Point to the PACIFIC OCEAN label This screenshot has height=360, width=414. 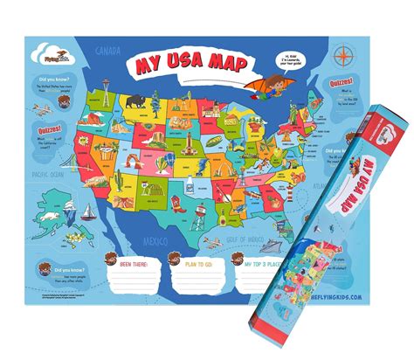click(x=50, y=173)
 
